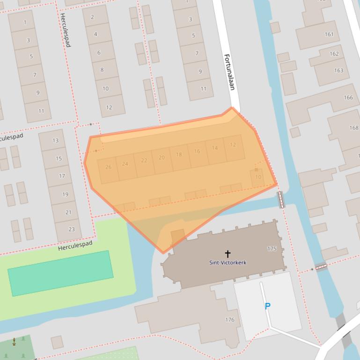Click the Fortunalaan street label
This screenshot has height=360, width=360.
229,72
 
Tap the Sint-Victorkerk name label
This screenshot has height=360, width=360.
228,263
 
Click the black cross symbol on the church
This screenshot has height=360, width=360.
228,254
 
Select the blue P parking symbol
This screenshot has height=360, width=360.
267,306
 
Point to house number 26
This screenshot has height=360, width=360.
109,167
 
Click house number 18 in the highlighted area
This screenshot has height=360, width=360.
179,155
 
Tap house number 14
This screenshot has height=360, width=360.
214,148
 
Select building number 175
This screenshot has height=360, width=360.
272,249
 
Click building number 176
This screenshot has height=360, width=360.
229,320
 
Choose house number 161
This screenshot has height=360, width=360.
329,34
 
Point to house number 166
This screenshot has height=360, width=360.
348,98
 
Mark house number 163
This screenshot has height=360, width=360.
338,71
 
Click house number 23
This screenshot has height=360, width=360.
72,229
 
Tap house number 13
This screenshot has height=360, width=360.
56,141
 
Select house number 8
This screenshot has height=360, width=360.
102,70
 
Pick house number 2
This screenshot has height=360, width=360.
92,17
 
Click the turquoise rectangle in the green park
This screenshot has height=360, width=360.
61,273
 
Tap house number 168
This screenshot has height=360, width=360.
353,128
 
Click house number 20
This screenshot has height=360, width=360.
162,158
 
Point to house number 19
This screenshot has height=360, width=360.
65,194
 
